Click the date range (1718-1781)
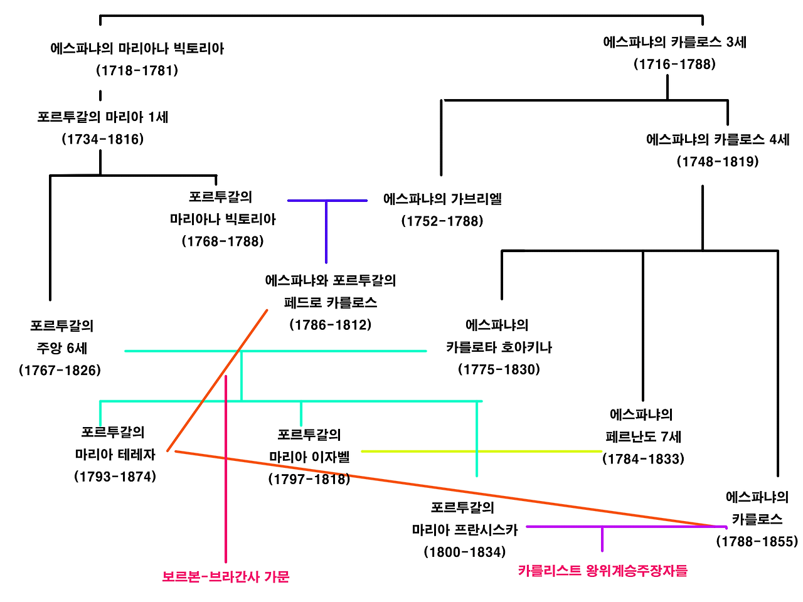(137, 70)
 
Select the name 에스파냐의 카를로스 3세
(674, 42)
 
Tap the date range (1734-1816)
(102, 139)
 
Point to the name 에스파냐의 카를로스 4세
(718, 139)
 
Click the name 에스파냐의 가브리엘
(442, 199)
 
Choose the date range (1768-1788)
(223, 241)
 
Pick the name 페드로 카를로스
(331, 302)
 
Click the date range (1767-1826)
(60, 370)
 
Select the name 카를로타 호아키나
(499, 347)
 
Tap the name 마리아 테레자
(115, 454)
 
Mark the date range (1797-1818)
(309, 479)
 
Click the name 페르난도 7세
(643, 436)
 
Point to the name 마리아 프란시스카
(465, 530)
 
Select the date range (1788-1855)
(757, 541)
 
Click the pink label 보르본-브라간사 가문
(226, 576)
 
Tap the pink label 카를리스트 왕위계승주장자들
(602, 571)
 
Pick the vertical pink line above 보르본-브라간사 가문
(226, 470)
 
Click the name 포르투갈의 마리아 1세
(102, 117)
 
